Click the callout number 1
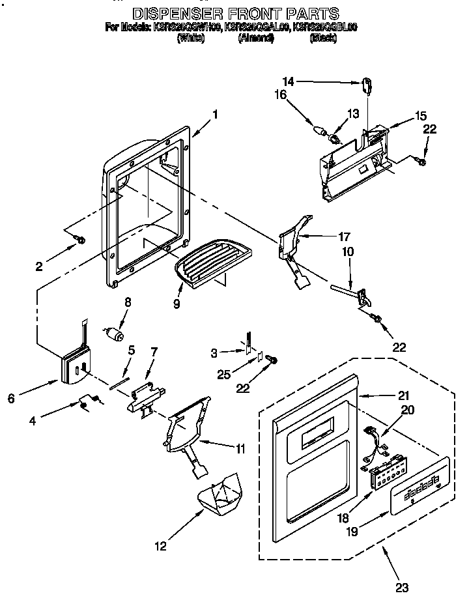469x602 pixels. click(x=215, y=114)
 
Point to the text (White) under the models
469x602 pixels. click(x=191, y=38)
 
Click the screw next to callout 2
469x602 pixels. click(x=81, y=240)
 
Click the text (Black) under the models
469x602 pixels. click(x=322, y=38)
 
